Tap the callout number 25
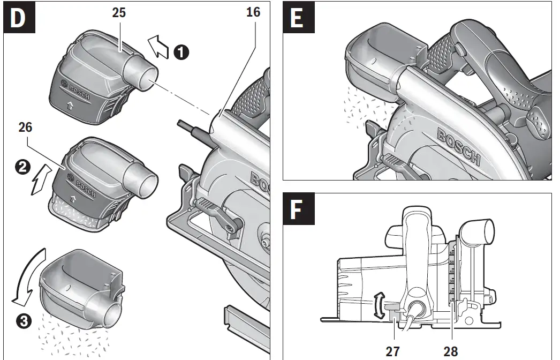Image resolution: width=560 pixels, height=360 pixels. coord(119,12)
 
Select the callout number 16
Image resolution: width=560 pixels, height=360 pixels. coord(253,12)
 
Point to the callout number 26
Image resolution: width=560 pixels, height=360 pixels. coord(25,127)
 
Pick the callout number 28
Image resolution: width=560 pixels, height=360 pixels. coord(450,351)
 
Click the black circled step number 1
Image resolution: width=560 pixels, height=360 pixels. coord(182,52)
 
